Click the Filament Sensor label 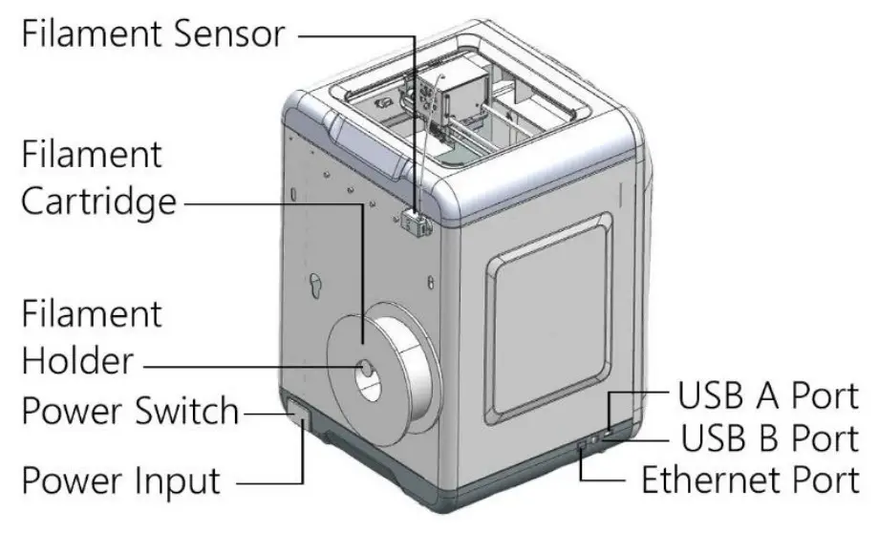pyautogui.click(x=153, y=35)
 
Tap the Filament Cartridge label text pyautogui.click(x=98, y=178)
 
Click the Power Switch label pyautogui.click(x=130, y=412)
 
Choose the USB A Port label pyautogui.click(x=767, y=394)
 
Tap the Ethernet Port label pyautogui.click(x=749, y=479)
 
